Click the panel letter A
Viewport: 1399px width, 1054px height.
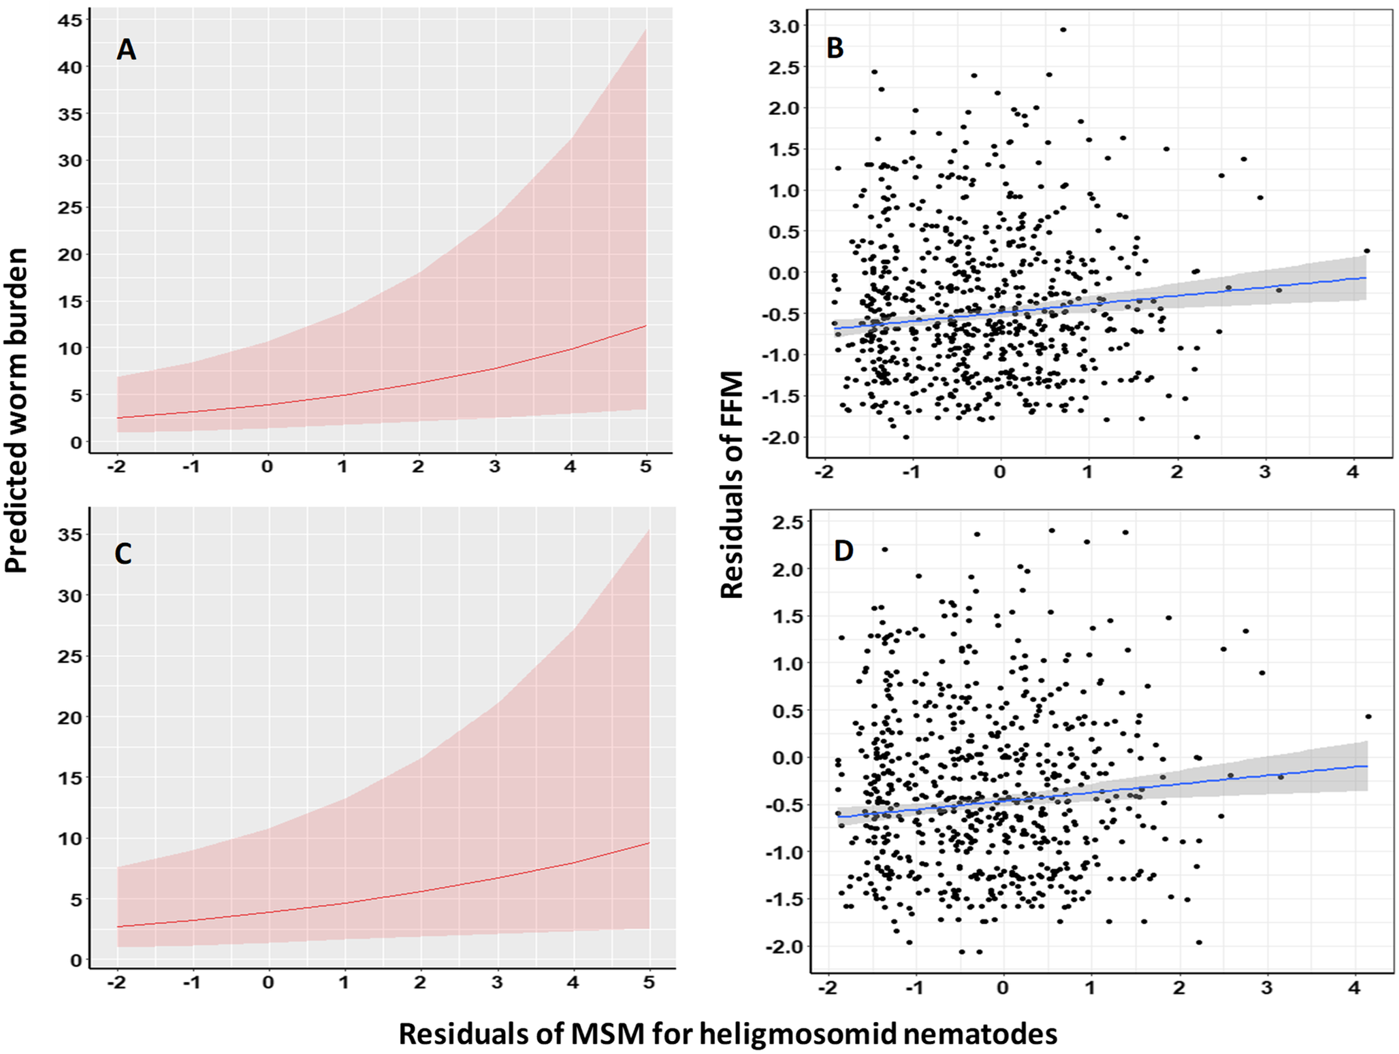tap(126, 50)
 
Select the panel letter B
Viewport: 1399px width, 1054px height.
tap(835, 48)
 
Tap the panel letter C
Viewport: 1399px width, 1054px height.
tap(123, 554)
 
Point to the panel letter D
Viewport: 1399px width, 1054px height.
tap(843, 550)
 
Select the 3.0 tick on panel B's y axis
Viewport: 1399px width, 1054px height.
tap(784, 26)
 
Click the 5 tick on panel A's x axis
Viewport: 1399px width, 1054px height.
tap(646, 467)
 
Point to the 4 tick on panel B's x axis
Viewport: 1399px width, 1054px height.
tap(1353, 472)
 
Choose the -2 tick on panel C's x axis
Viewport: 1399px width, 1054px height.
tap(117, 983)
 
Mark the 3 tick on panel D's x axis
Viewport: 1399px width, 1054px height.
tap(1266, 987)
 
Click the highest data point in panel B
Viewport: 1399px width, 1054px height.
tap(1063, 30)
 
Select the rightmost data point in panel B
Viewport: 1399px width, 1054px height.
tap(1366, 251)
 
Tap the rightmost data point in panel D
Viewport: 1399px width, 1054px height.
tap(1368, 717)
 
